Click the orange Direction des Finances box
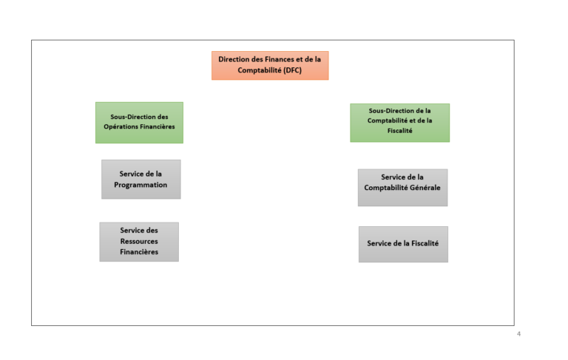coord(270,65)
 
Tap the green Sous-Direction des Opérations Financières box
coord(139,123)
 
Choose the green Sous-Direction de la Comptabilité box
coord(399,123)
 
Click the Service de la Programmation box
coord(141,180)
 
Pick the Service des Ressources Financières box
coord(139,242)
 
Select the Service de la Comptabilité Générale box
coord(402,187)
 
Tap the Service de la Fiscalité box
coord(403,244)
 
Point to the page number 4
coord(518,334)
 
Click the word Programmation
coord(141,185)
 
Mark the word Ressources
coord(139,241)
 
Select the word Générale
coord(424,188)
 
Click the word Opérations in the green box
coord(119,126)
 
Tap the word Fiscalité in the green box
coord(399,131)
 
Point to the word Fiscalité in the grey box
coord(425,243)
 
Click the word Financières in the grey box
coord(139,252)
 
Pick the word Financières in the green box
coord(156,126)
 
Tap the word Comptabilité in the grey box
coord(384,188)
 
